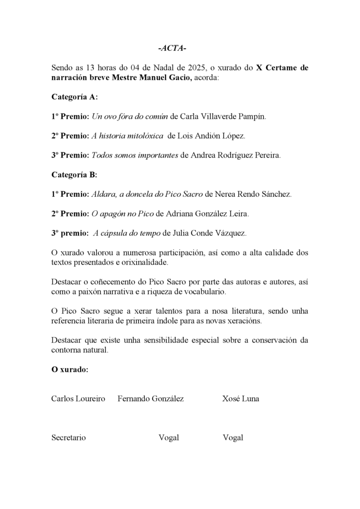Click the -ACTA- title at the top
pos(172,48)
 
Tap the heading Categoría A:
pos(75,97)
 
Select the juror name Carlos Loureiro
pos(78,399)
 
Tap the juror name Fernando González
pos(151,399)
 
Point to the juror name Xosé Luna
pos(241,399)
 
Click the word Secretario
pos(69,437)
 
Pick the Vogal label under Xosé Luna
pos(233,437)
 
